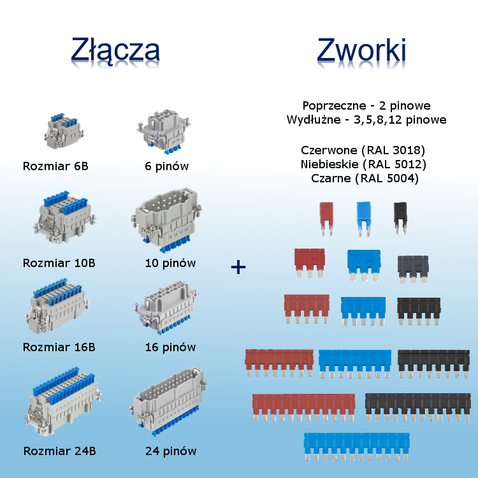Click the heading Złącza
(x=115, y=49)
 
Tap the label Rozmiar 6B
(x=55, y=167)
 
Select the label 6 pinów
(x=166, y=167)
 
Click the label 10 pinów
(x=170, y=263)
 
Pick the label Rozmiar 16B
(x=59, y=347)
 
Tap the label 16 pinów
(x=170, y=347)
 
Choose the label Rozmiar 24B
(x=59, y=451)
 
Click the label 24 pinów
(x=170, y=451)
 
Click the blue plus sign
(x=238, y=266)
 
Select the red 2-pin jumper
(x=326, y=217)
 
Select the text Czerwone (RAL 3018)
(x=363, y=151)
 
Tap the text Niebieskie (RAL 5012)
(x=363, y=165)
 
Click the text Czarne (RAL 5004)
(x=365, y=179)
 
